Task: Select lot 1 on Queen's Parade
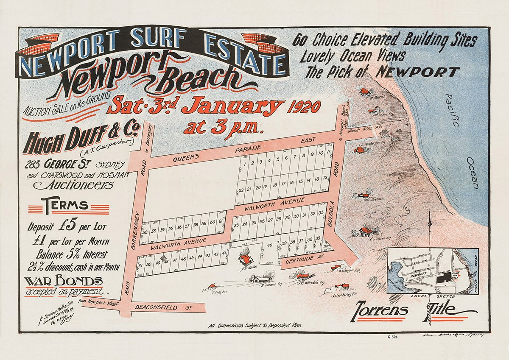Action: [243, 162]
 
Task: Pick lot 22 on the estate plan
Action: [241, 189]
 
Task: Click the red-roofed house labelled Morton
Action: [245, 257]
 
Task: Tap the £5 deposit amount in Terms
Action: [70, 226]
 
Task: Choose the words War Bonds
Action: [63, 281]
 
